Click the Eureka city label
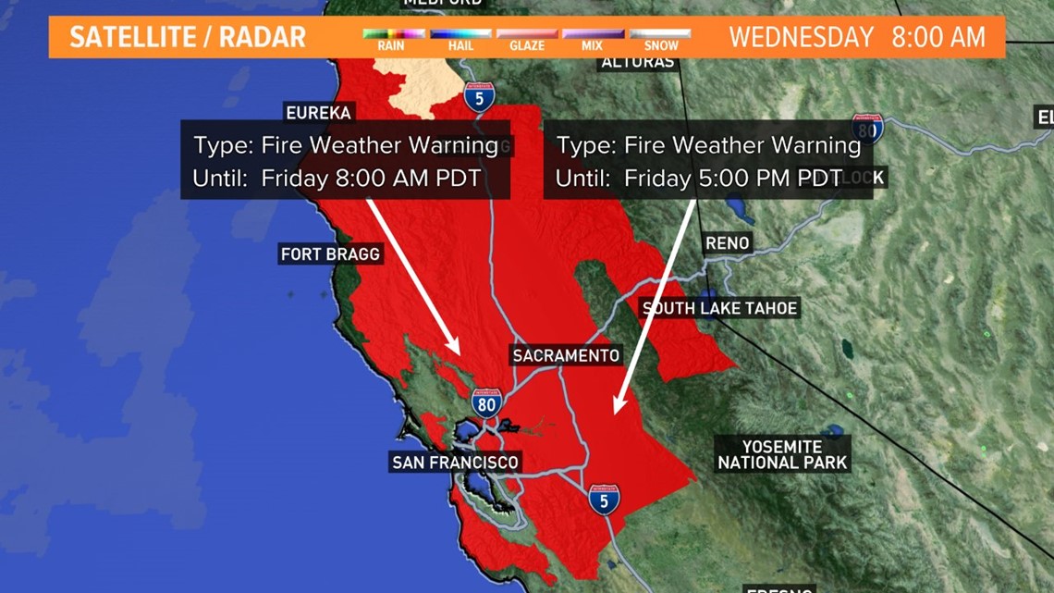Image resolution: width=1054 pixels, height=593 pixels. (319, 113)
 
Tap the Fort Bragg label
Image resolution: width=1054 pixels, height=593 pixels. (330, 253)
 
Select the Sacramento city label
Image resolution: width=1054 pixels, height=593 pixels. (566, 355)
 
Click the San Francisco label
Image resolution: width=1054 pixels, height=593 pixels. (455, 462)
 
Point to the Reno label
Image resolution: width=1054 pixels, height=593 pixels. (727, 243)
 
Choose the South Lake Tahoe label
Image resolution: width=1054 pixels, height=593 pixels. (719, 308)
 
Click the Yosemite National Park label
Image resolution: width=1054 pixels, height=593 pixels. (782, 454)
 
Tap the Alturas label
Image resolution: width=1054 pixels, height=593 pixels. (638, 63)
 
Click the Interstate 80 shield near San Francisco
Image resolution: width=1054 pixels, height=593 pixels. (486, 402)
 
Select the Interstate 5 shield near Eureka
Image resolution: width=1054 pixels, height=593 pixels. (479, 96)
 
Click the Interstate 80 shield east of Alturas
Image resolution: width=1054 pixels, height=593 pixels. (867, 127)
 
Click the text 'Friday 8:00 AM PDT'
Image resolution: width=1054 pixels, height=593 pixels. (371, 179)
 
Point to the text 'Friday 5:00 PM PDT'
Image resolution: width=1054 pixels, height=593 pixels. (733, 179)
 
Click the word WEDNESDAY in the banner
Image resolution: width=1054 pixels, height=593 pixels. (801, 38)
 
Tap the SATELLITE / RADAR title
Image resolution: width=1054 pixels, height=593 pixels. (188, 38)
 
